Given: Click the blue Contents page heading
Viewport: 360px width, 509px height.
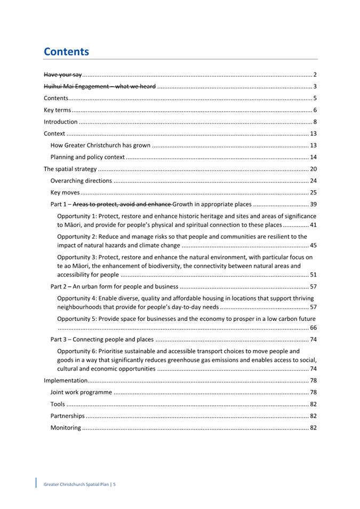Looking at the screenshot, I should pos(66,52).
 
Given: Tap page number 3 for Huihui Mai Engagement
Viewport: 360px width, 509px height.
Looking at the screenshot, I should pos(316,86).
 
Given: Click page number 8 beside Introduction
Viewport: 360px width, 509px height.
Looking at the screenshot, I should pos(316,122).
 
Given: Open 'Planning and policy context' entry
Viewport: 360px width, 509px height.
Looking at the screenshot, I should pos(87,157).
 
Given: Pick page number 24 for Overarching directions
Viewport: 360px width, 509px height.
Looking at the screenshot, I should pos(314,181).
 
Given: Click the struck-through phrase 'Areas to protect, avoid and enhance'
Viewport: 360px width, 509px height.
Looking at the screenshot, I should pos(122,205).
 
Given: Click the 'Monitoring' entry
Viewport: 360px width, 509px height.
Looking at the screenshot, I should pos(66,427).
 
